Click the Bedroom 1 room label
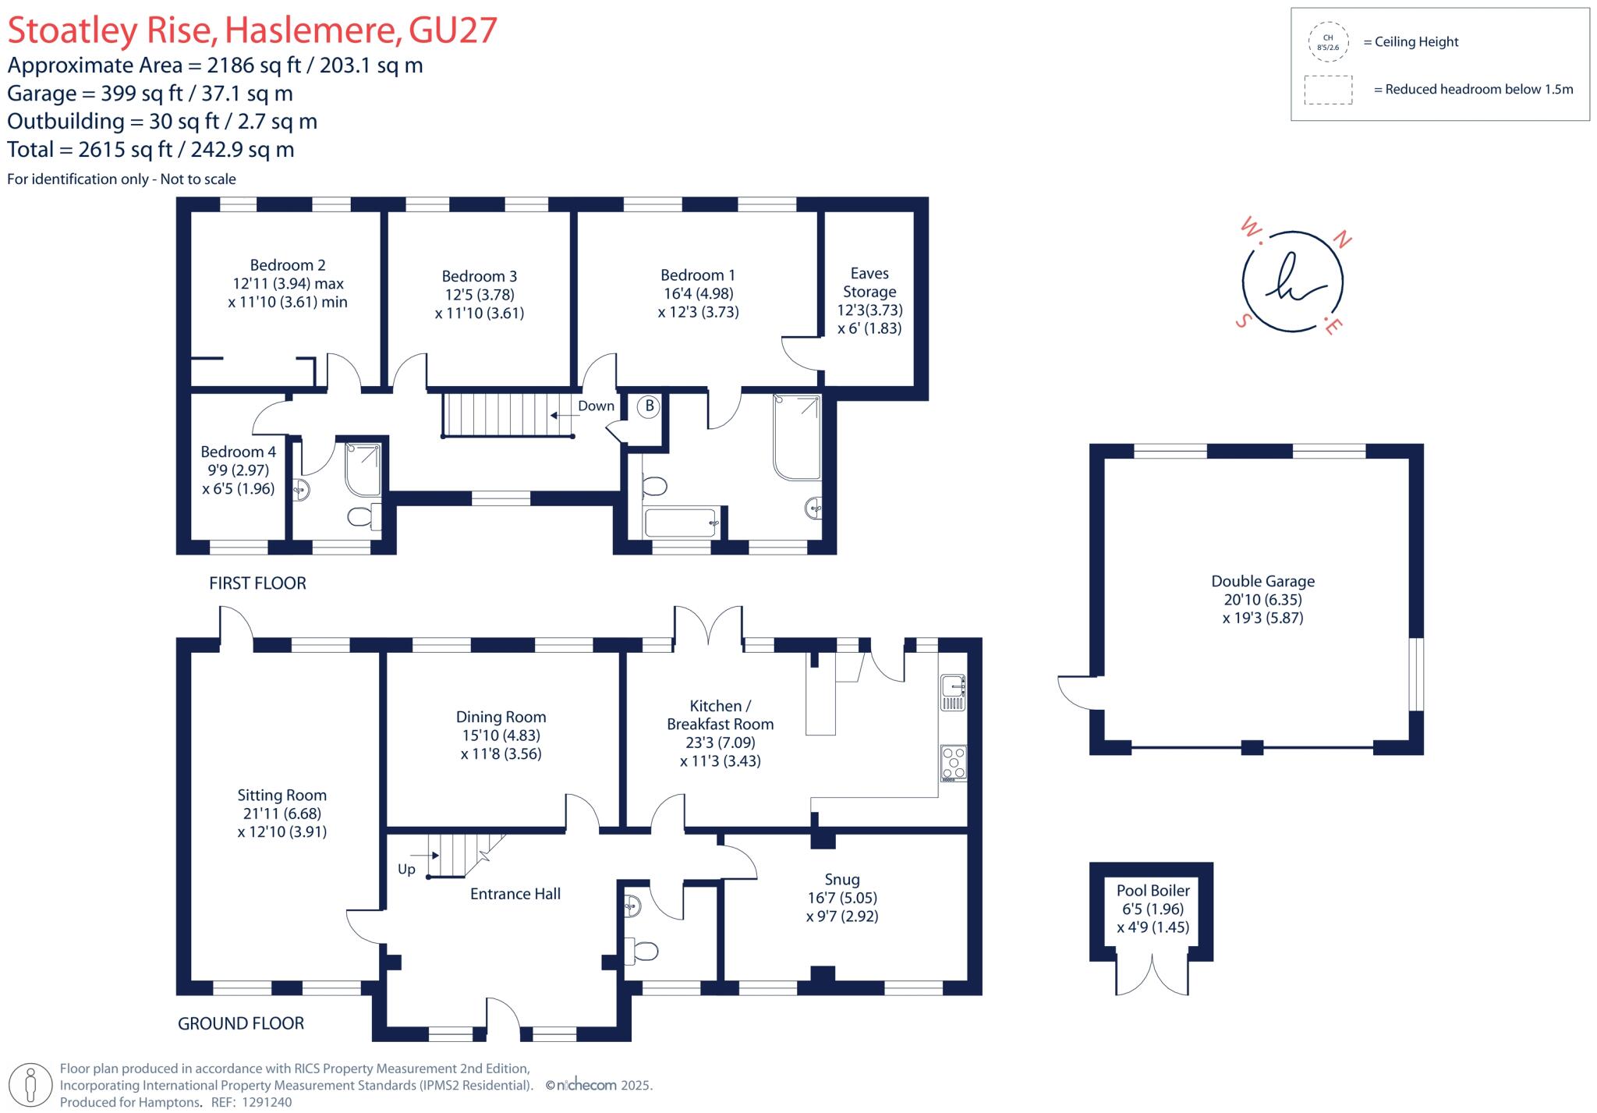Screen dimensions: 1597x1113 pyautogui.click(x=698, y=275)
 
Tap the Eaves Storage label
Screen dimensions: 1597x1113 pyautogui.click(x=869, y=282)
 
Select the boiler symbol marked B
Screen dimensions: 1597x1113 pyautogui.click(x=649, y=406)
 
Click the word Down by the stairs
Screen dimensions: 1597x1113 pyautogui.click(x=596, y=406)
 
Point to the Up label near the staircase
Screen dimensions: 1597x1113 pyautogui.click(x=406, y=869)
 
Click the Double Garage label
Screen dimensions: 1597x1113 pyautogui.click(x=1262, y=581)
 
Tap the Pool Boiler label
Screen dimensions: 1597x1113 pyautogui.click(x=1153, y=890)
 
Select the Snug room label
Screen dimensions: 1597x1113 pyautogui.click(x=842, y=879)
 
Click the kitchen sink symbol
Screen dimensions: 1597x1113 pyautogui.click(x=953, y=692)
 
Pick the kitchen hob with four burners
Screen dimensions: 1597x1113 pyautogui.click(x=953, y=763)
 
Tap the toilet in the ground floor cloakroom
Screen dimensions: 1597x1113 pyautogui.click(x=643, y=951)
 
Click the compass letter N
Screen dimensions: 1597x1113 pyautogui.click(x=1343, y=239)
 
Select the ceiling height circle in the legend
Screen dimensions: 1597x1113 pyautogui.click(x=1328, y=42)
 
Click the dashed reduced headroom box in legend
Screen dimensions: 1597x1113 pyautogui.click(x=1328, y=90)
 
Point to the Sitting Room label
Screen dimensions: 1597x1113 pyautogui.click(x=282, y=795)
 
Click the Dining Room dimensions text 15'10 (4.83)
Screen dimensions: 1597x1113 pyautogui.click(x=501, y=735)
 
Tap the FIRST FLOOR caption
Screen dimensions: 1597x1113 pyautogui.click(x=257, y=583)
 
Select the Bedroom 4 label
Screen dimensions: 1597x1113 pyautogui.click(x=238, y=452)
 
